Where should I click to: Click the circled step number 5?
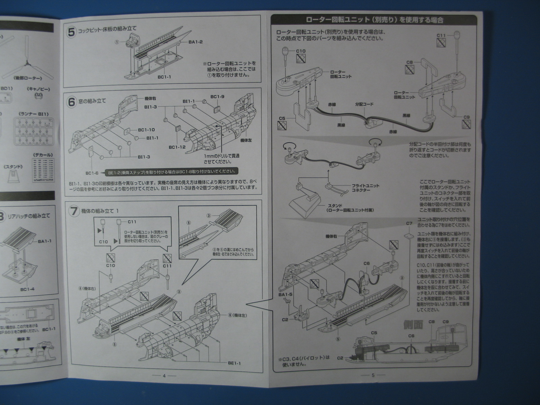click(72, 32)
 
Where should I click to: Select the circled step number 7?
click(74, 211)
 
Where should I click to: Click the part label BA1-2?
click(195, 42)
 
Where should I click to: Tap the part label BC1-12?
click(177, 147)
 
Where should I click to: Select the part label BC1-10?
click(146, 130)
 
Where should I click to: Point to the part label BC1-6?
click(92, 173)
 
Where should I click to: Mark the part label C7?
click(409, 223)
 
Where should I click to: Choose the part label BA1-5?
click(285, 295)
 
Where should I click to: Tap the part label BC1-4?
click(28, 289)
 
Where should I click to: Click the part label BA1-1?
click(45, 241)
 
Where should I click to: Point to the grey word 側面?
click(413, 325)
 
